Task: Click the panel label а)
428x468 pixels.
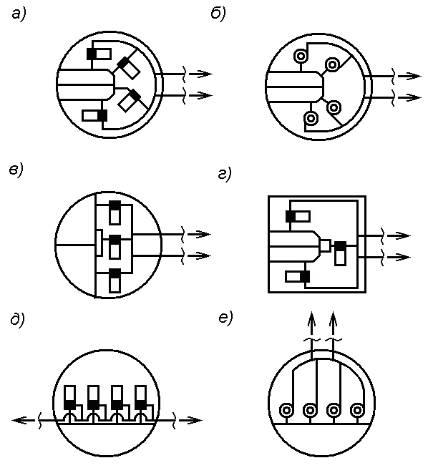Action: click(x=19, y=15)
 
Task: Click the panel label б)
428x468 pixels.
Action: click(x=218, y=14)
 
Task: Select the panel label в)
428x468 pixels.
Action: click(x=16, y=171)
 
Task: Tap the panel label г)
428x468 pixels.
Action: click(x=225, y=175)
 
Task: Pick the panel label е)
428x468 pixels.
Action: click(x=225, y=319)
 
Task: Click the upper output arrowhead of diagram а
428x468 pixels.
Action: click(x=204, y=74)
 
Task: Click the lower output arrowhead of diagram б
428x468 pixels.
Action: click(x=412, y=97)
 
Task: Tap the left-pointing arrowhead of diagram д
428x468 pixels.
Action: click(x=20, y=420)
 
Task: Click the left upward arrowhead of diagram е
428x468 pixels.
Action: click(x=311, y=320)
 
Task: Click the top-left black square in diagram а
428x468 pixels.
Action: click(x=92, y=54)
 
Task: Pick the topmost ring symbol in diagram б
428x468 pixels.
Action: click(x=300, y=56)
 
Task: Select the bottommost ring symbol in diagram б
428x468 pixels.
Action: click(x=311, y=119)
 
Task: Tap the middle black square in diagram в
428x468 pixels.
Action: click(x=115, y=240)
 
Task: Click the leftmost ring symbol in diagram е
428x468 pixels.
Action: click(x=286, y=411)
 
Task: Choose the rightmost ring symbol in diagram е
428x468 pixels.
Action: click(x=357, y=411)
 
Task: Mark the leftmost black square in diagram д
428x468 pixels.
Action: click(x=70, y=405)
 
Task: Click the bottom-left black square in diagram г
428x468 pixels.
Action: click(x=305, y=276)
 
